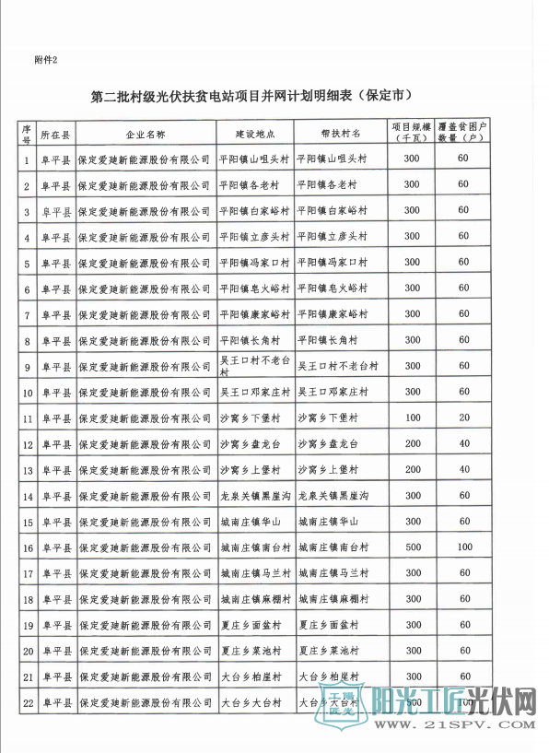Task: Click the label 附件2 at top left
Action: [x=45, y=61]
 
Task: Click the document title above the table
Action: [x=251, y=95]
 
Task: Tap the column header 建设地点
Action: [x=255, y=133]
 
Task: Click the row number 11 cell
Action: [x=28, y=418]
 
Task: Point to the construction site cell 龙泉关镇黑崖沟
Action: [x=256, y=496]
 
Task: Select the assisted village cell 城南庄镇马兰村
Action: [x=334, y=573]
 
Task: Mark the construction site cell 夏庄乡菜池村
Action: [x=254, y=651]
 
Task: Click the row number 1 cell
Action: [x=28, y=159]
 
